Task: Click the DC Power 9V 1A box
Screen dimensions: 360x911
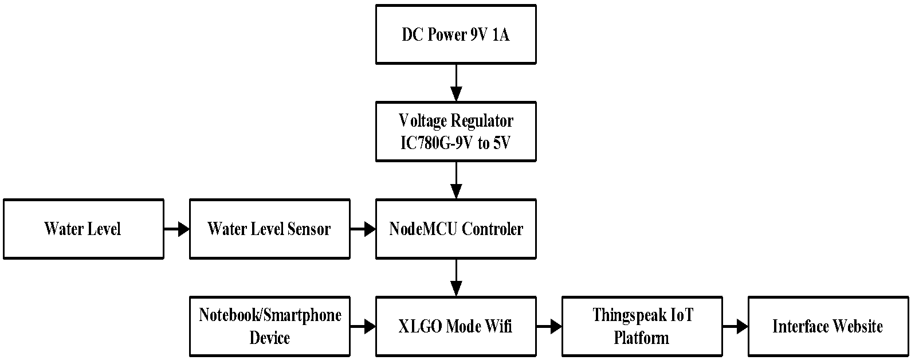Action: (455, 34)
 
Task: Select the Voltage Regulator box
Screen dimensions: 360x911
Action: (455, 131)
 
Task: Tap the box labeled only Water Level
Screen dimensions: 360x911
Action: (83, 229)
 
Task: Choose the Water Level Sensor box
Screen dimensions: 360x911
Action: (269, 229)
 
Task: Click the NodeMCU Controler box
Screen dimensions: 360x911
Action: (455, 229)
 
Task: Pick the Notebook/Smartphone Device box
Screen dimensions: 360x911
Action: (269, 326)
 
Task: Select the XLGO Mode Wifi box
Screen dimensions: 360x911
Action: (455, 326)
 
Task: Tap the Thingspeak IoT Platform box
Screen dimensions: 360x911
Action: (642, 326)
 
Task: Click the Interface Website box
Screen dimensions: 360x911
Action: (828, 326)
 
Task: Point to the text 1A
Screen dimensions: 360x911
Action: (500, 35)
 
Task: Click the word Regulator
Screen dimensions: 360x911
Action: (482, 121)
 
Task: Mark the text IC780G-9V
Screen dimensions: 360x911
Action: (436, 143)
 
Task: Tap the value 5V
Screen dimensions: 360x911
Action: (501, 143)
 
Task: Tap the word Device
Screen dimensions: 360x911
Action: (269, 337)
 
